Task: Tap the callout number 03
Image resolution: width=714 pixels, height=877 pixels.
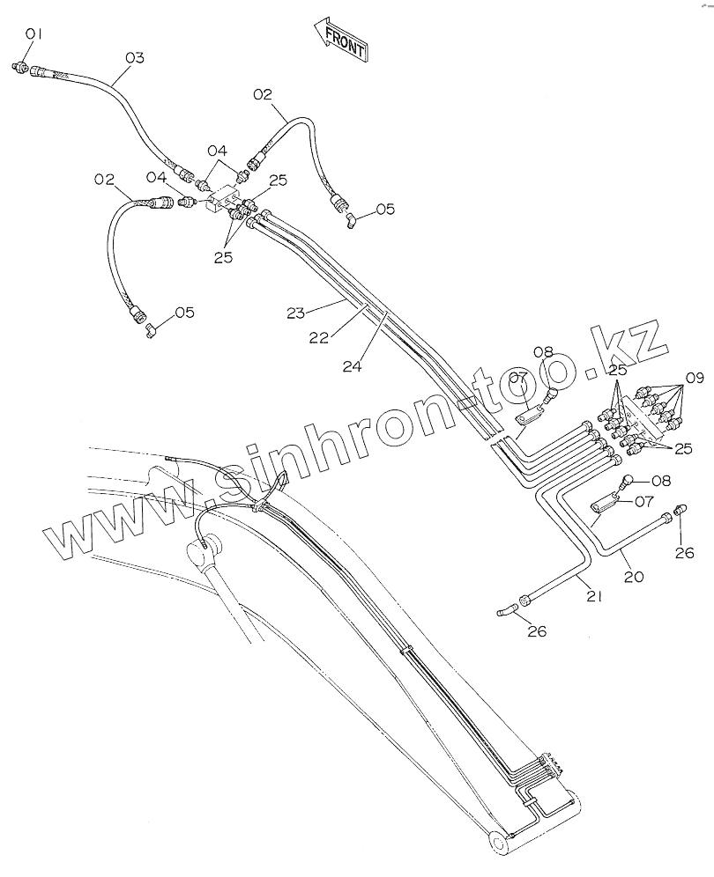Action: pos(134,58)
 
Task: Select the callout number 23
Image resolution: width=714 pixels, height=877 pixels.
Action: pos(295,312)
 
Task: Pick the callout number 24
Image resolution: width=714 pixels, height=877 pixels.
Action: pos(353,367)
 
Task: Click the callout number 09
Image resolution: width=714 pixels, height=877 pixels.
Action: pos(695,379)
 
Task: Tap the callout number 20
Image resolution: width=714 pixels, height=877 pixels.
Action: pos(634,578)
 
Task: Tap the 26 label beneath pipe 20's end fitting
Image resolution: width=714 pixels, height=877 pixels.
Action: pos(684,553)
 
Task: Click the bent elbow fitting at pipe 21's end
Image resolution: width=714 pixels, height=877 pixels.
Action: pos(504,609)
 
